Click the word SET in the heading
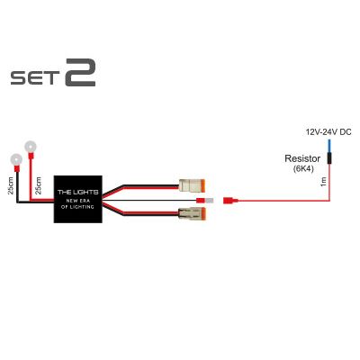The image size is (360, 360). [x=34, y=77]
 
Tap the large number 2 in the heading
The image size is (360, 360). [x=80, y=73]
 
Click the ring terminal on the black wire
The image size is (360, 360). [x=16, y=160]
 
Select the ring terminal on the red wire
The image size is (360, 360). [x=31, y=147]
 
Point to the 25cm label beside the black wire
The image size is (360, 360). [x=11, y=185]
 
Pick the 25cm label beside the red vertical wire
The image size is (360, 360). [x=39, y=185]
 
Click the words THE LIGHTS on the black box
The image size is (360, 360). [x=77, y=192]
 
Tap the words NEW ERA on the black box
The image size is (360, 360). [x=77, y=201]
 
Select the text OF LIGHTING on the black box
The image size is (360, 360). [x=77, y=207]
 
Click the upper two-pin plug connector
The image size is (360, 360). [x=192, y=186]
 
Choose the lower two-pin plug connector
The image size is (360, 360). [x=192, y=213]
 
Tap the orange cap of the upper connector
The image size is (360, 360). [x=203, y=186]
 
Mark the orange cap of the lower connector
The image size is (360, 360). [x=203, y=213]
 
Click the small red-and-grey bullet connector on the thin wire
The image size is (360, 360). [x=205, y=201]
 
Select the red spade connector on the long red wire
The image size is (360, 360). [x=230, y=200]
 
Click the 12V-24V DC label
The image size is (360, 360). [x=328, y=132]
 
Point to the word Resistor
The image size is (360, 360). [x=302, y=158]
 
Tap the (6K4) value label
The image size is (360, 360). [x=303, y=168]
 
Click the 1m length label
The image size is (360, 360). [x=323, y=182]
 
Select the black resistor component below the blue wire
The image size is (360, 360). [x=329, y=158]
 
